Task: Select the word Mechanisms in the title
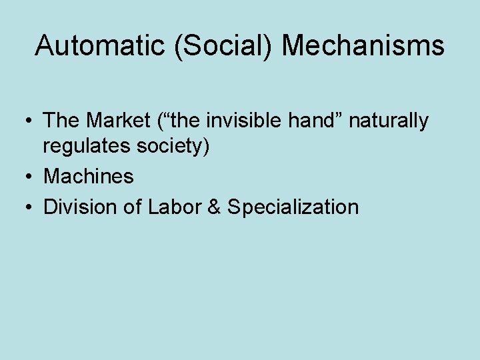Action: [363, 46]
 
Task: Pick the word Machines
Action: [89, 177]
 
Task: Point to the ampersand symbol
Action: [213, 207]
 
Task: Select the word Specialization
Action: [293, 207]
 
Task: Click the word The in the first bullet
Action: [61, 121]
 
